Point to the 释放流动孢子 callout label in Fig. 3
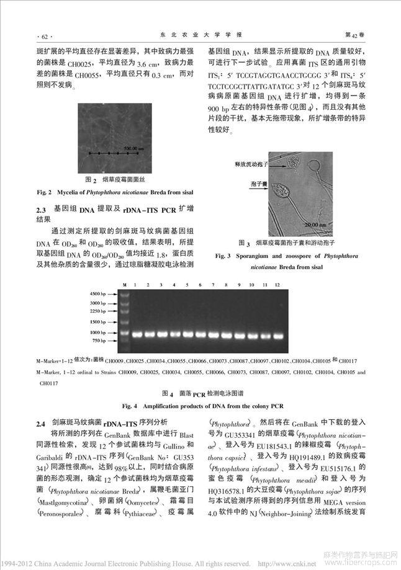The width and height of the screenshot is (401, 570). click(250, 163)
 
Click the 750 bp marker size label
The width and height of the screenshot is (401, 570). click(102, 341)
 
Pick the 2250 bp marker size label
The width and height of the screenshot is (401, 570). click(100, 311)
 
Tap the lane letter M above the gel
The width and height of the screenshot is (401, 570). click(124, 284)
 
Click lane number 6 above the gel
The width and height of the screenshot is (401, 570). click(199, 284)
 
